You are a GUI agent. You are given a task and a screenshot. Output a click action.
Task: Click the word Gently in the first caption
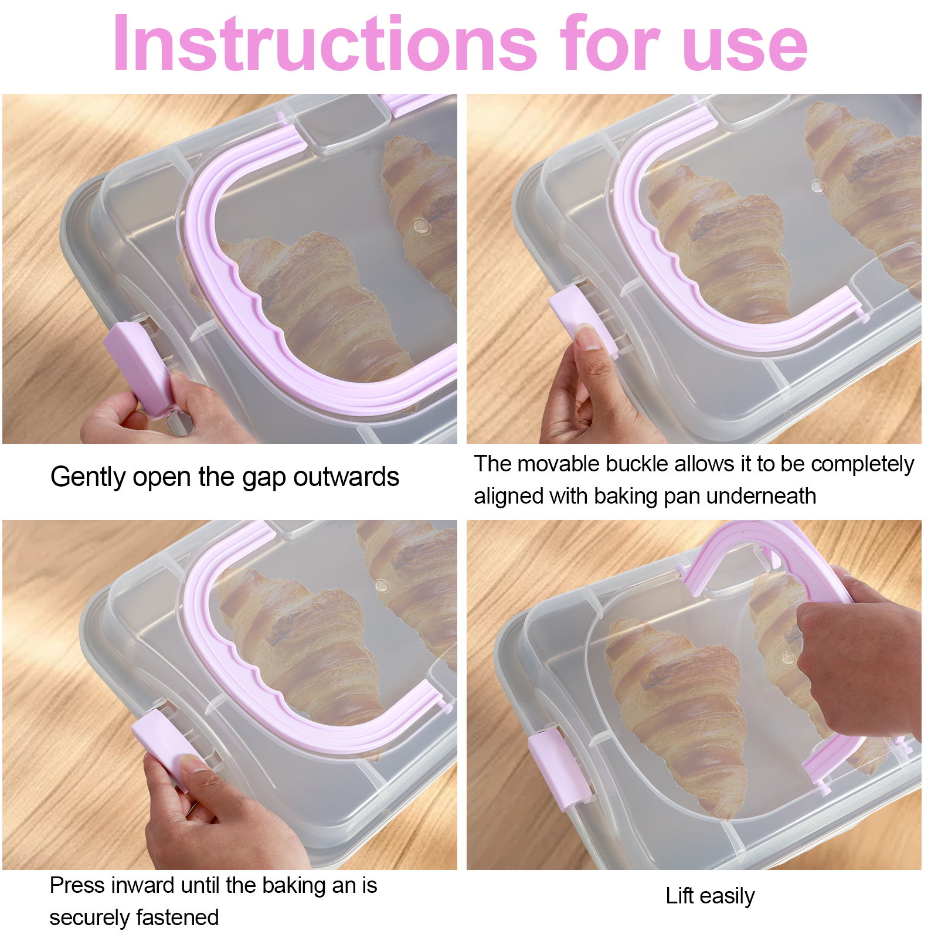click(x=87, y=477)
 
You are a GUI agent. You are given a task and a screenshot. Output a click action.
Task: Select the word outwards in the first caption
click(x=346, y=477)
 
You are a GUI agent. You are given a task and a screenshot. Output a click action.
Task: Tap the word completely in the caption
click(x=862, y=464)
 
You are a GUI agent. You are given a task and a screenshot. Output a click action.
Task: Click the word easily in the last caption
click(x=727, y=897)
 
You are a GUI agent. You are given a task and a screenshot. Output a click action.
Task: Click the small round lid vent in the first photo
click(x=420, y=225)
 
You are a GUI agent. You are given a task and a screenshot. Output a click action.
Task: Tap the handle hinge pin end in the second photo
click(x=863, y=317)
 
